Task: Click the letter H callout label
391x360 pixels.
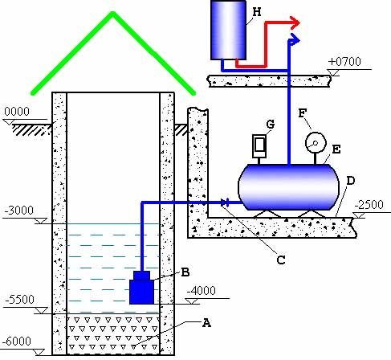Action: pos(256,12)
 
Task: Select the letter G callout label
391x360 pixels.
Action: pos(271,124)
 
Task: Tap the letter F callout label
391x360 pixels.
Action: pos(302,113)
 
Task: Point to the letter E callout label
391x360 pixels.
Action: pos(336,149)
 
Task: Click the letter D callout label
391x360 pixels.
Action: pos(350,181)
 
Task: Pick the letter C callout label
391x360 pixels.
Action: pos(281,260)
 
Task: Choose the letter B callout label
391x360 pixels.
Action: pos(185,272)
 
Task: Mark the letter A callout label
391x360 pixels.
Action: pos(206,323)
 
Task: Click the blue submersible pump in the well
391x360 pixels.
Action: pos(141,288)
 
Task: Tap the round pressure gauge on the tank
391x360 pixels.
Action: pos(316,143)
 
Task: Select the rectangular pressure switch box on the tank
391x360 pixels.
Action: pos(259,145)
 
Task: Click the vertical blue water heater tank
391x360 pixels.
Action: pos(228,30)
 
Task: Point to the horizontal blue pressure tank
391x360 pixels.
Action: pos(289,186)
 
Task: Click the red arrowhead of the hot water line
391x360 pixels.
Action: pos(295,23)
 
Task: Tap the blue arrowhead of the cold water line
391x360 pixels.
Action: pos(295,39)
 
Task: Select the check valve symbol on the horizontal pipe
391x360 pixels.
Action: pos(225,202)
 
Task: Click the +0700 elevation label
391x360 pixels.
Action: pos(344,62)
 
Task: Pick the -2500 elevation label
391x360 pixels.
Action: pos(369,205)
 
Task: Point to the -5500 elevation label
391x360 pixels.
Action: pos(19,300)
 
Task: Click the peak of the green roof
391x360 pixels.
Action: pos(112,13)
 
